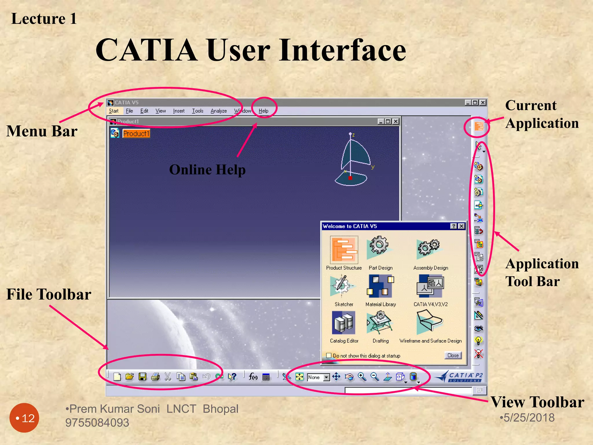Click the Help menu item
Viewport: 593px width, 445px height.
(263, 111)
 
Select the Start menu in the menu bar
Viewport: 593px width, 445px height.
(114, 111)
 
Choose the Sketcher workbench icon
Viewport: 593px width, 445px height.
(342, 285)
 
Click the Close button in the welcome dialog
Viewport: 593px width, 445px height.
(453, 355)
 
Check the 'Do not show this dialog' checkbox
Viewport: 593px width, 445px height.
(329, 355)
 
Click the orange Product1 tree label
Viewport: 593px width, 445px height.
(136, 134)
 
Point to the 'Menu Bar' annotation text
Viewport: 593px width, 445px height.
(42, 131)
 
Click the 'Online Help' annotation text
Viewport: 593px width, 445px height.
(207, 170)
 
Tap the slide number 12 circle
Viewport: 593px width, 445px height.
(24, 418)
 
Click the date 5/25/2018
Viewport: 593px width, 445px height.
(529, 418)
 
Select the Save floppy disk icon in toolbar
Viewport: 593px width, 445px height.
(142, 377)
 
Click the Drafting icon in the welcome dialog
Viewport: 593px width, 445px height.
(380, 322)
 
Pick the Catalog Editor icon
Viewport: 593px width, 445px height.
(344, 322)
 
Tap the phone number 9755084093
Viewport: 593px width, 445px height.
(97, 423)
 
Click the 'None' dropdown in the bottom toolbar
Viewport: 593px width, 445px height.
(318, 377)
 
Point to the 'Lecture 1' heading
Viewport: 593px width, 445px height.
(44, 19)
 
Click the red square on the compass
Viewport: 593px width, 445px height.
(350, 178)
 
